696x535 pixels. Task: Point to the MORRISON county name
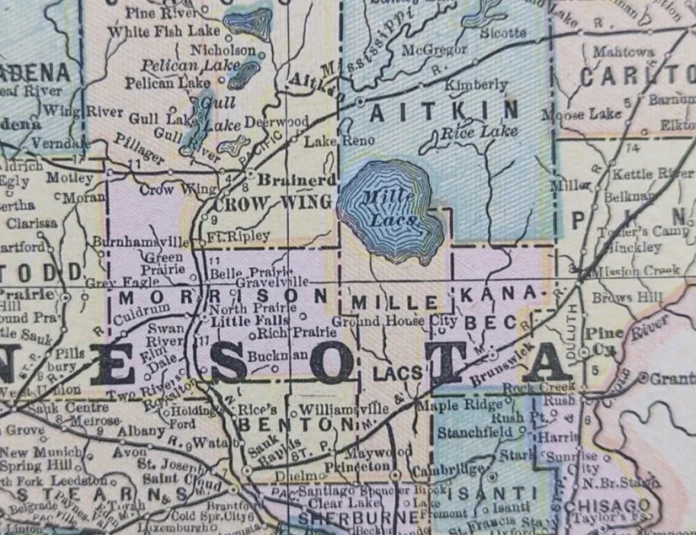[222, 297]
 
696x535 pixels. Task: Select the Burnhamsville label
[137, 242]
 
